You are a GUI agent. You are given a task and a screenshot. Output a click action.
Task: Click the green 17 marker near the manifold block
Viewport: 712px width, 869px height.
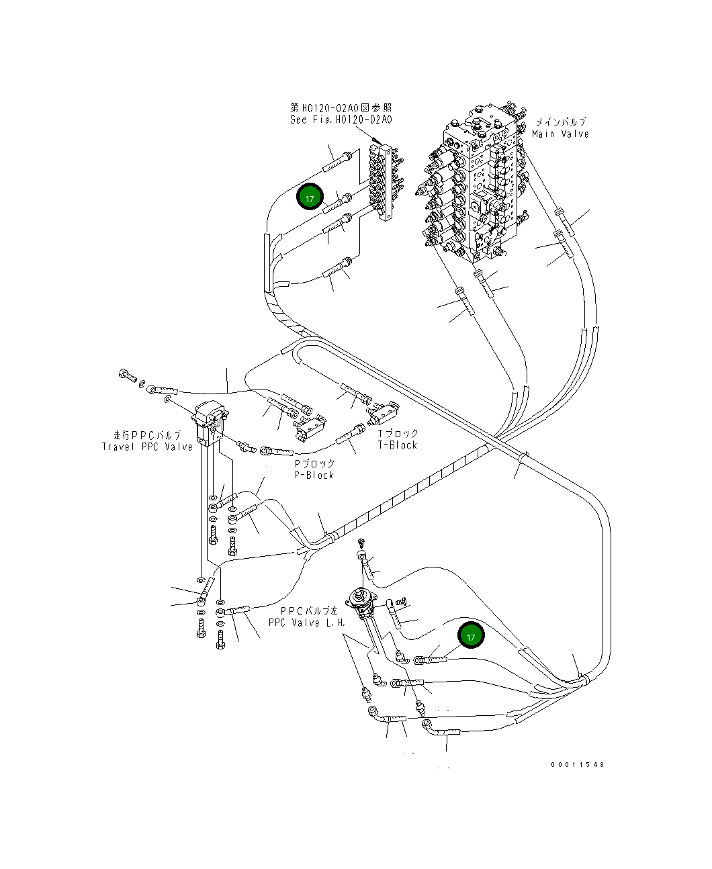pos(310,198)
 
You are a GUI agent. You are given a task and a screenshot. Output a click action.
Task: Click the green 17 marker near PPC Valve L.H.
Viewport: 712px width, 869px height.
pos(471,636)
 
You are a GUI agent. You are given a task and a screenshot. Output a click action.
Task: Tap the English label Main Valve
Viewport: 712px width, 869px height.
pos(560,134)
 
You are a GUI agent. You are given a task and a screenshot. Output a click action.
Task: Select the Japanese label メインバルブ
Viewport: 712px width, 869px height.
pos(560,122)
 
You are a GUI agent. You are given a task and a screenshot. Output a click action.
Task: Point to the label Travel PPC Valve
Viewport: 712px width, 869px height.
pos(147,447)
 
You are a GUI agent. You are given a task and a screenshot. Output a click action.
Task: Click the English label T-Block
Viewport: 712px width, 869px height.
pos(397,445)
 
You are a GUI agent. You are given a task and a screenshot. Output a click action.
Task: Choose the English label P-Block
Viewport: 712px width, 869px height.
pos(314,475)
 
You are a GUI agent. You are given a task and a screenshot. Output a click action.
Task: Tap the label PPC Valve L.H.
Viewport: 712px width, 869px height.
pos(307,623)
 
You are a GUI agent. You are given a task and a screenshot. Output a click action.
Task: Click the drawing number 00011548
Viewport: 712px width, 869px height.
pos(577,764)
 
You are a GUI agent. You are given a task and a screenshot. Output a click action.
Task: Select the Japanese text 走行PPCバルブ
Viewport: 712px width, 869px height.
pos(147,435)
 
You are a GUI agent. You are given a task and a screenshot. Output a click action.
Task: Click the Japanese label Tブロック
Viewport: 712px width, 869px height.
pos(398,434)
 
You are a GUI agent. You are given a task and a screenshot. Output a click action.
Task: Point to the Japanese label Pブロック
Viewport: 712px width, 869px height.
pos(314,463)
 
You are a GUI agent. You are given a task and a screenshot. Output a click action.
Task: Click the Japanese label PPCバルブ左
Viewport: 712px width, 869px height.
pos(309,611)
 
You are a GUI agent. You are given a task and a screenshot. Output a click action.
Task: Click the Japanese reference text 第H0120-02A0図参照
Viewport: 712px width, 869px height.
pos(341,107)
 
